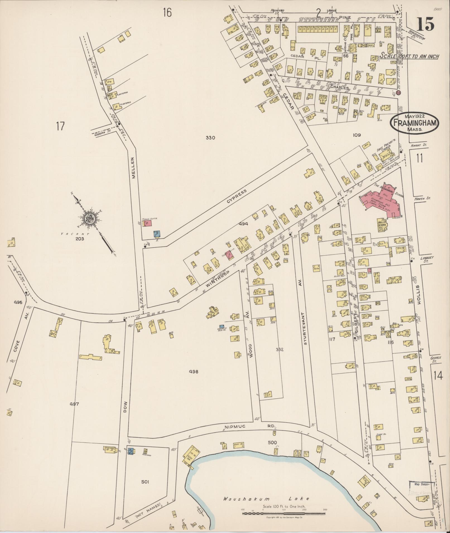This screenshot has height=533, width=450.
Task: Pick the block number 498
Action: coord(193,371)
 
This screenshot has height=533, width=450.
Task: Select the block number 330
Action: coord(210,137)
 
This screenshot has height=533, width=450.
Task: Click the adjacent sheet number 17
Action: coord(60,126)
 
